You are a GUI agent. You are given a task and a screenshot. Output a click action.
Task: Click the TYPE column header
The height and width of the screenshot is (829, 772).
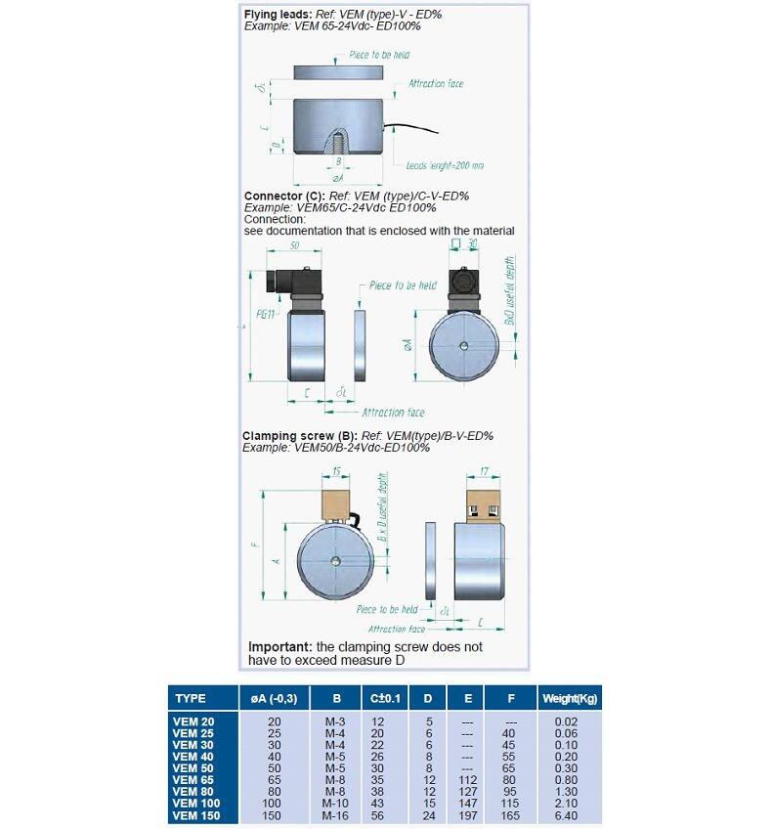click(191, 699)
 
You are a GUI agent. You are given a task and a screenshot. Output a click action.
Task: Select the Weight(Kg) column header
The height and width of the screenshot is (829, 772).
click(569, 699)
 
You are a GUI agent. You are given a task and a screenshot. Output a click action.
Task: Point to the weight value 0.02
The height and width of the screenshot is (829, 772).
click(569, 721)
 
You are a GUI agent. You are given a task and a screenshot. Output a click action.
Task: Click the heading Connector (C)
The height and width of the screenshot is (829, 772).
click(279, 196)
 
